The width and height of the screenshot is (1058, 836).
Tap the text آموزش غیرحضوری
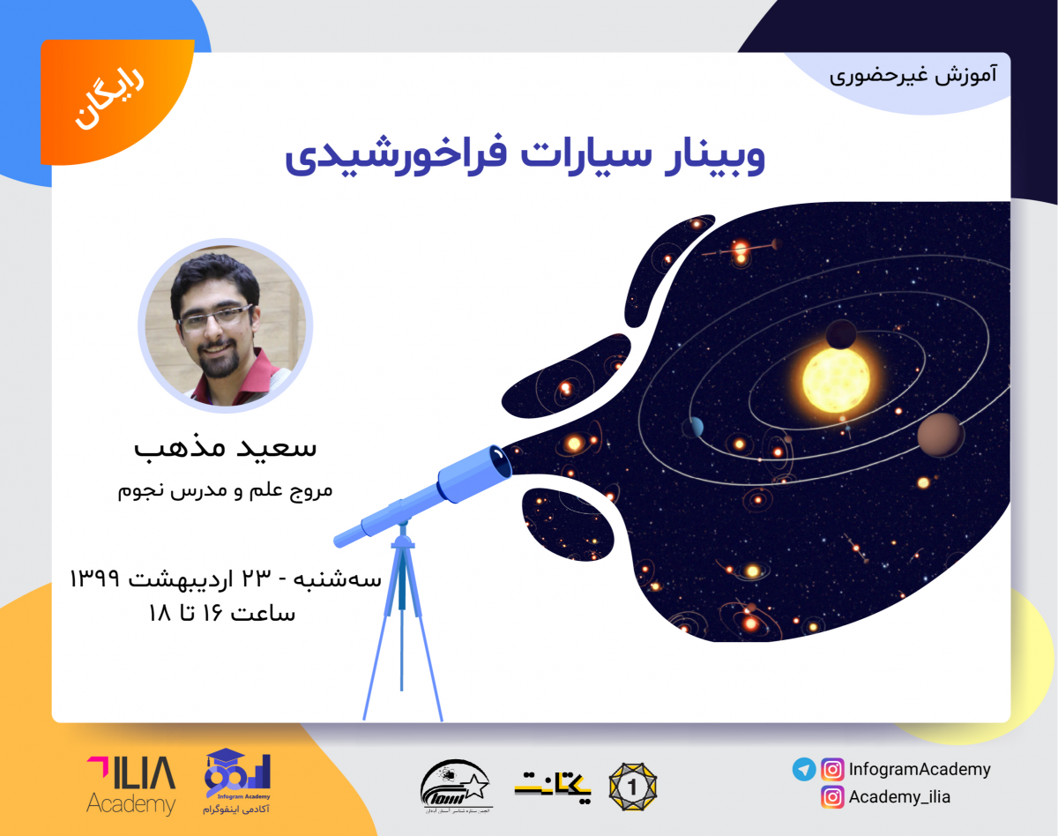pyautogui.click(x=913, y=74)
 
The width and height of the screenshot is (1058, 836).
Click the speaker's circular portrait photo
pyautogui.click(x=225, y=326)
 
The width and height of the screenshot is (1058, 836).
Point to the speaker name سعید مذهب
pyautogui.click(x=226, y=446)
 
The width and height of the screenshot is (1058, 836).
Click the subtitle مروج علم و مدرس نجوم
pyautogui.click(x=226, y=489)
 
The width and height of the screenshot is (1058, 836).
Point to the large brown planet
pyautogui.click(x=940, y=435)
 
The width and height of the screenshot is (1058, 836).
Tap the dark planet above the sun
pyautogui.click(x=841, y=334)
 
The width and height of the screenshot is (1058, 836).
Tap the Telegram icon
pyautogui.click(x=803, y=769)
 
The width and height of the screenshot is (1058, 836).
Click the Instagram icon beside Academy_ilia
pyautogui.click(x=831, y=797)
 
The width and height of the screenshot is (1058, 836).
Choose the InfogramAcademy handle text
pyautogui.click(x=920, y=769)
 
